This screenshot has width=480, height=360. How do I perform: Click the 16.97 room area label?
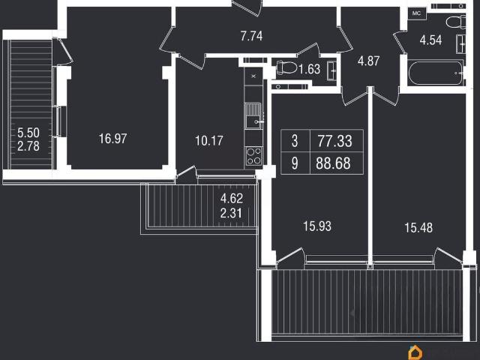tap(112, 139)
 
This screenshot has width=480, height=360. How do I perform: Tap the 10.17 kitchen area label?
tap(209, 141)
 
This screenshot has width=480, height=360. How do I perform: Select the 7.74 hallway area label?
tap(251, 36)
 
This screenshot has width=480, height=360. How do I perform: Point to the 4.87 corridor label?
tap(368, 61)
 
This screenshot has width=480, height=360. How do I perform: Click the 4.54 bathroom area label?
tap(430, 40)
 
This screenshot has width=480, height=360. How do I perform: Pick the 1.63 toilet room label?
tap(310, 69)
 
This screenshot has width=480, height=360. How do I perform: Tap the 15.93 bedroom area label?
tap(317, 226)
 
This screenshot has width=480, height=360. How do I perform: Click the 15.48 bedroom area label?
tap(418, 228)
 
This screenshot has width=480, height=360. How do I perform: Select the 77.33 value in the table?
tap(335, 141)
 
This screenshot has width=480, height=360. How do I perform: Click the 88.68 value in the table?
tap(333, 163)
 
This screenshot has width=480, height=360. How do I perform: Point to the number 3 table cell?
tap(295, 141)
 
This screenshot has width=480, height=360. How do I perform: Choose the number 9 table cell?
tap(295, 163)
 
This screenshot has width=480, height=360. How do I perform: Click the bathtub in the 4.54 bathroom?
tap(435, 73)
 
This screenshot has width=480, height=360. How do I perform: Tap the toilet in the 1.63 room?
tap(286, 67)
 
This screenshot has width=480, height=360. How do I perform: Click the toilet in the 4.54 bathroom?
tap(455, 22)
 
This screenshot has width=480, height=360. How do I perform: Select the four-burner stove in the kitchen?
tap(253, 156)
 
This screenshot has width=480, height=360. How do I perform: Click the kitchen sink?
tap(253, 115)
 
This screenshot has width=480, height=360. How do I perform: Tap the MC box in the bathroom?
tap(417, 13)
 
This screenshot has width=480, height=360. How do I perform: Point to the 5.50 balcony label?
tap(28, 133)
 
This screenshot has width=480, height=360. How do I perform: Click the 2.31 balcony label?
tap(231, 213)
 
